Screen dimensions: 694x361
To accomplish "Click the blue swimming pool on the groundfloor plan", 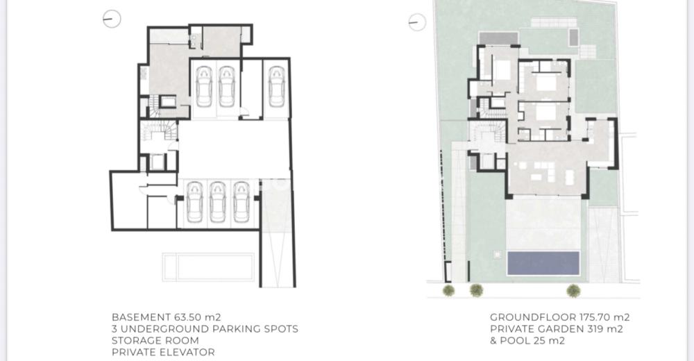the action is pos(543,263).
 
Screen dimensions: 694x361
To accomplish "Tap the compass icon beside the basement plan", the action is pos(112,19).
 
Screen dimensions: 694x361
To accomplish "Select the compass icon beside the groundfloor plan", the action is pos(417,22).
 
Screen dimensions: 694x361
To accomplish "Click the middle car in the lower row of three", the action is pos(218,201).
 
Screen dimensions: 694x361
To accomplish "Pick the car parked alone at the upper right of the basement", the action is pos(277,87).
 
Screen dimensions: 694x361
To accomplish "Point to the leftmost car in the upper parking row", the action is pos(204,87).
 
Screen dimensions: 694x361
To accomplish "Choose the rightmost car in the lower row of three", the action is pos(242,201).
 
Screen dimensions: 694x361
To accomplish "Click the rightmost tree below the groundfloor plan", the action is pos(574,291).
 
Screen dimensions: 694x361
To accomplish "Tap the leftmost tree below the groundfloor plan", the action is pos(448,291).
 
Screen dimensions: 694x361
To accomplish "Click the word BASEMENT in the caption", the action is pos(141,317).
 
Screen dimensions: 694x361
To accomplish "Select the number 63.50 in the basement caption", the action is pos(187,317).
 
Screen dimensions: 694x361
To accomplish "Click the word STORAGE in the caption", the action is pos(131,341).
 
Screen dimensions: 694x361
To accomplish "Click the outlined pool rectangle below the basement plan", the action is pos(208,267).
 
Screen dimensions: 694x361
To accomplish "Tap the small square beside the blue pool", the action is pos(497,254).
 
